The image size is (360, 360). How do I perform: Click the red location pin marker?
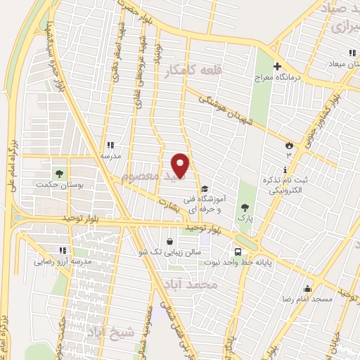(181, 165)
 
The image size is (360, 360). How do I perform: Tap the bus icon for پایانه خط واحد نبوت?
(239, 251)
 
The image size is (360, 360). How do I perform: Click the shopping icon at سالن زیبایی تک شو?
(171, 242)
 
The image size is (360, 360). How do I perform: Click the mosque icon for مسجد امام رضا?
(307, 288)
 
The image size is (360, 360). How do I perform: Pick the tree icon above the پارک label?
(245, 207)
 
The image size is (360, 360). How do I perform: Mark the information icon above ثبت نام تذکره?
(284, 170)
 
